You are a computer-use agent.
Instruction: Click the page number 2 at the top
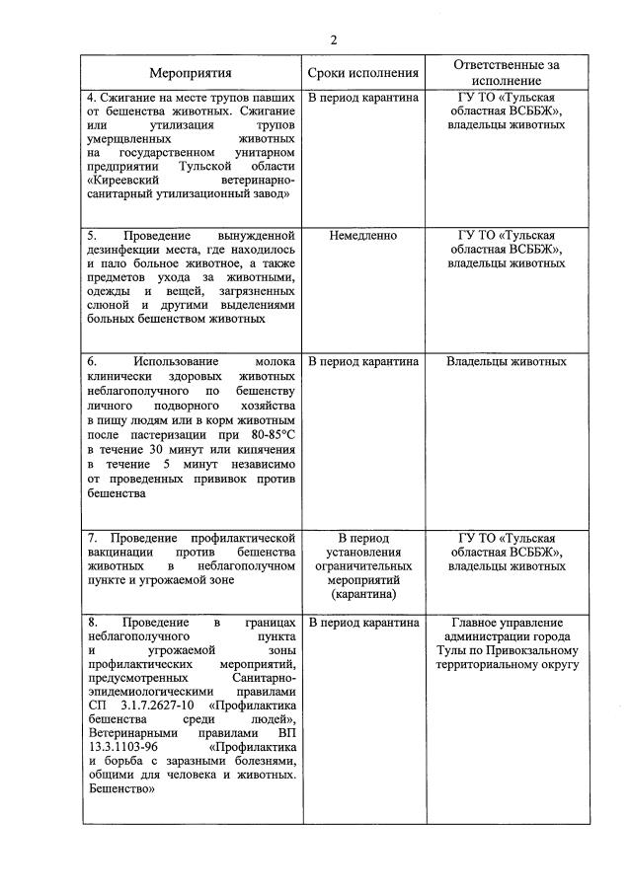[x=334, y=39]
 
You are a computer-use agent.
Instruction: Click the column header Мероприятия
[x=191, y=74]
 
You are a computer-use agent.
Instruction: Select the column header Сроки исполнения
[x=363, y=74]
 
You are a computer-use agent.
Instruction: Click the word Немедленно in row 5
[x=363, y=236]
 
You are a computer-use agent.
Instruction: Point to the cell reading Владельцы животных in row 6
[x=507, y=361]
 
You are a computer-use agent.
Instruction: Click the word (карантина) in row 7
[x=363, y=595]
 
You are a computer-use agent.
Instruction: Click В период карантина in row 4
[x=363, y=98]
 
